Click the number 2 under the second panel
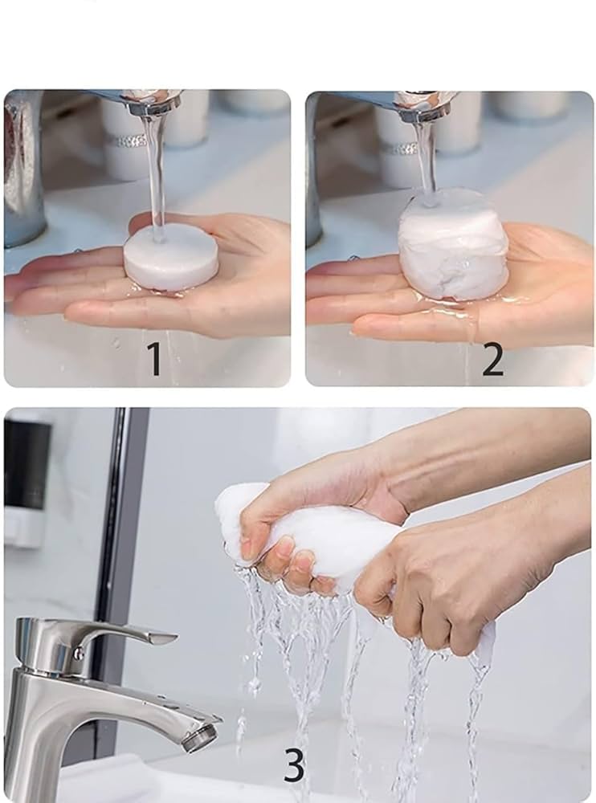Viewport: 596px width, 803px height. click(x=492, y=361)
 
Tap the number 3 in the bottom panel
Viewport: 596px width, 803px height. click(x=294, y=766)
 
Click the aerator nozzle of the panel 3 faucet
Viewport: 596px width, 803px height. click(x=200, y=737)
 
